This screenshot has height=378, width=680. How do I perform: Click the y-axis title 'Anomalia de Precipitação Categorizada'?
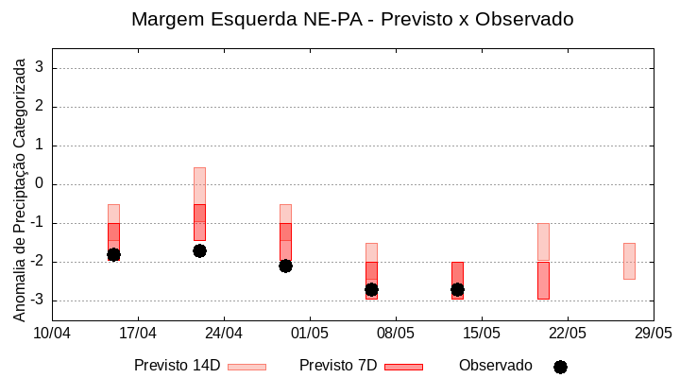pos(19,189)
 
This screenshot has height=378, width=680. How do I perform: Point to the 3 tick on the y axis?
pos(41,68)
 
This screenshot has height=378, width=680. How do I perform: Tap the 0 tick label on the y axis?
pos(41,184)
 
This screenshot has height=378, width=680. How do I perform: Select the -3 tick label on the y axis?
pos(38,301)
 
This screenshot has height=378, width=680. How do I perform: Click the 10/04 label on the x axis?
pos(52,333)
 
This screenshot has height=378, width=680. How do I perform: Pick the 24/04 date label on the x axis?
pos(224,333)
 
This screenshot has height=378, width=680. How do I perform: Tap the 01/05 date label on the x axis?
pos(310,333)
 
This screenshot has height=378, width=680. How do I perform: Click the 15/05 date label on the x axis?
pos(482,333)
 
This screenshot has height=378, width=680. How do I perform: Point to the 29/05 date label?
pos(653,333)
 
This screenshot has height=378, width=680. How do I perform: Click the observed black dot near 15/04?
pos(113,254)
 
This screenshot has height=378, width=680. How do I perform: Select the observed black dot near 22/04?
pos(199,250)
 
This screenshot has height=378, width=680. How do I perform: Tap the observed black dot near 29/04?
pos(285,266)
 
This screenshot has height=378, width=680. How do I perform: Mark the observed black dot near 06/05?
pos(371,289)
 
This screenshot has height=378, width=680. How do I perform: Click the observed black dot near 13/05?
pos(457,289)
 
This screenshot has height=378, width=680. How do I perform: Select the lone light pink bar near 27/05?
pos(629,261)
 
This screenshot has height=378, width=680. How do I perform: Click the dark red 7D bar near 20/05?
pos(543,281)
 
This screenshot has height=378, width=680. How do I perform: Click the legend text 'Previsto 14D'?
pos(177,366)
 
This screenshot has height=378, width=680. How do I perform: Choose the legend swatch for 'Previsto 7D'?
pos(403,367)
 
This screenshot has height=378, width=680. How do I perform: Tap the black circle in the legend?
pos(560,367)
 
